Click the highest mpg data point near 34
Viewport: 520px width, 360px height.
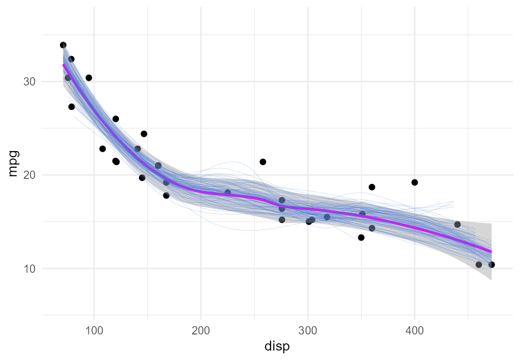point(63,45)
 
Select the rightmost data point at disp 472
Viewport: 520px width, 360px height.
point(491,264)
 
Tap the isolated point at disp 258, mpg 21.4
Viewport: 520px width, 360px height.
point(263,162)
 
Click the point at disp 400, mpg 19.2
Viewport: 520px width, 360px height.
point(414,182)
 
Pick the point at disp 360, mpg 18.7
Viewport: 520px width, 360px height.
point(372,187)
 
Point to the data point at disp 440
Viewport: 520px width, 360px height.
point(457,224)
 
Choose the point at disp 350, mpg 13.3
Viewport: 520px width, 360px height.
point(361,237)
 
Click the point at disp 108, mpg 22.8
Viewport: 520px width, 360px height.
point(103,149)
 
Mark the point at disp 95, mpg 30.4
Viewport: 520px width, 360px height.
point(89,78)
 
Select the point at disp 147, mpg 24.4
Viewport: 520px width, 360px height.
point(144,134)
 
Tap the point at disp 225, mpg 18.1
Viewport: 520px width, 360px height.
point(228,193)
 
